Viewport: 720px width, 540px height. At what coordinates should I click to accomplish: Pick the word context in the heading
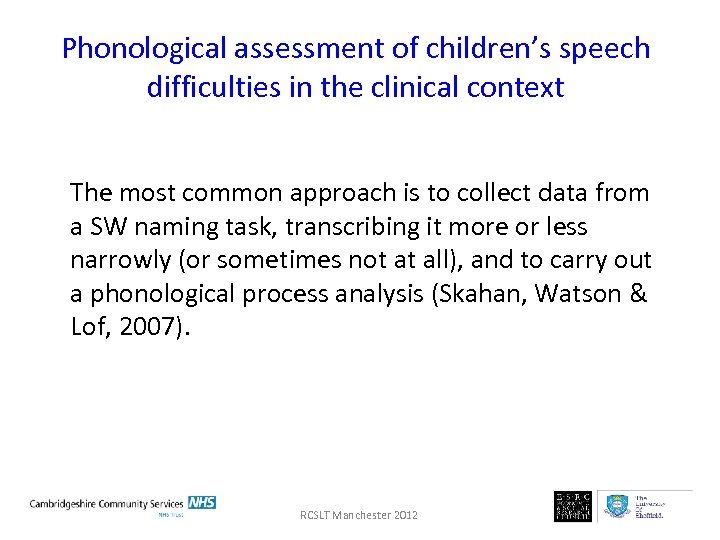pos(517,88)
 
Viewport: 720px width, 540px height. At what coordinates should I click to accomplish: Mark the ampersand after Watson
pos(640,295)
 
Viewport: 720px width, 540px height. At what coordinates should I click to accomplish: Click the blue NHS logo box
pos(202,502)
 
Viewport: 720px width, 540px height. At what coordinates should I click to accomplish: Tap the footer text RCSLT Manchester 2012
pos(359,515)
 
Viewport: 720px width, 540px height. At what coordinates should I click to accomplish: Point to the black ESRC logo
pos(573,506)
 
